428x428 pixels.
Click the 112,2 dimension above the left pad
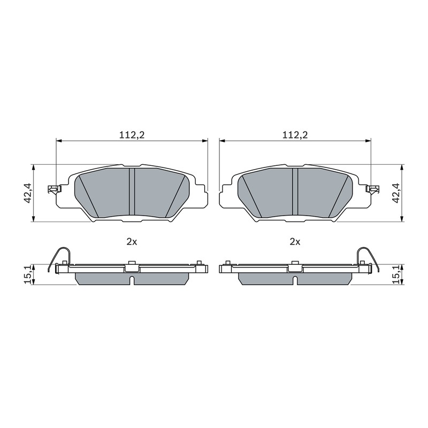(x=132, y=135)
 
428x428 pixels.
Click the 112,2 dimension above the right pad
(x=295, y=135)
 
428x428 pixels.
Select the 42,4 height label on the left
(x=28, y=193)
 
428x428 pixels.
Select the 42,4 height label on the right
(x=396, y=193)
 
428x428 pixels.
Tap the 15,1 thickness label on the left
(x=28, y=274)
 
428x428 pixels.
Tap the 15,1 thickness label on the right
(x=396, y=274)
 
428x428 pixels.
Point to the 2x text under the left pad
(x=132, y=242)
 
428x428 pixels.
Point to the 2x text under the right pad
(x=295, y=242)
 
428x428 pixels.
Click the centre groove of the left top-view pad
(x=132, y=192)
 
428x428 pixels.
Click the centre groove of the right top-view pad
(x=295, y=192)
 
